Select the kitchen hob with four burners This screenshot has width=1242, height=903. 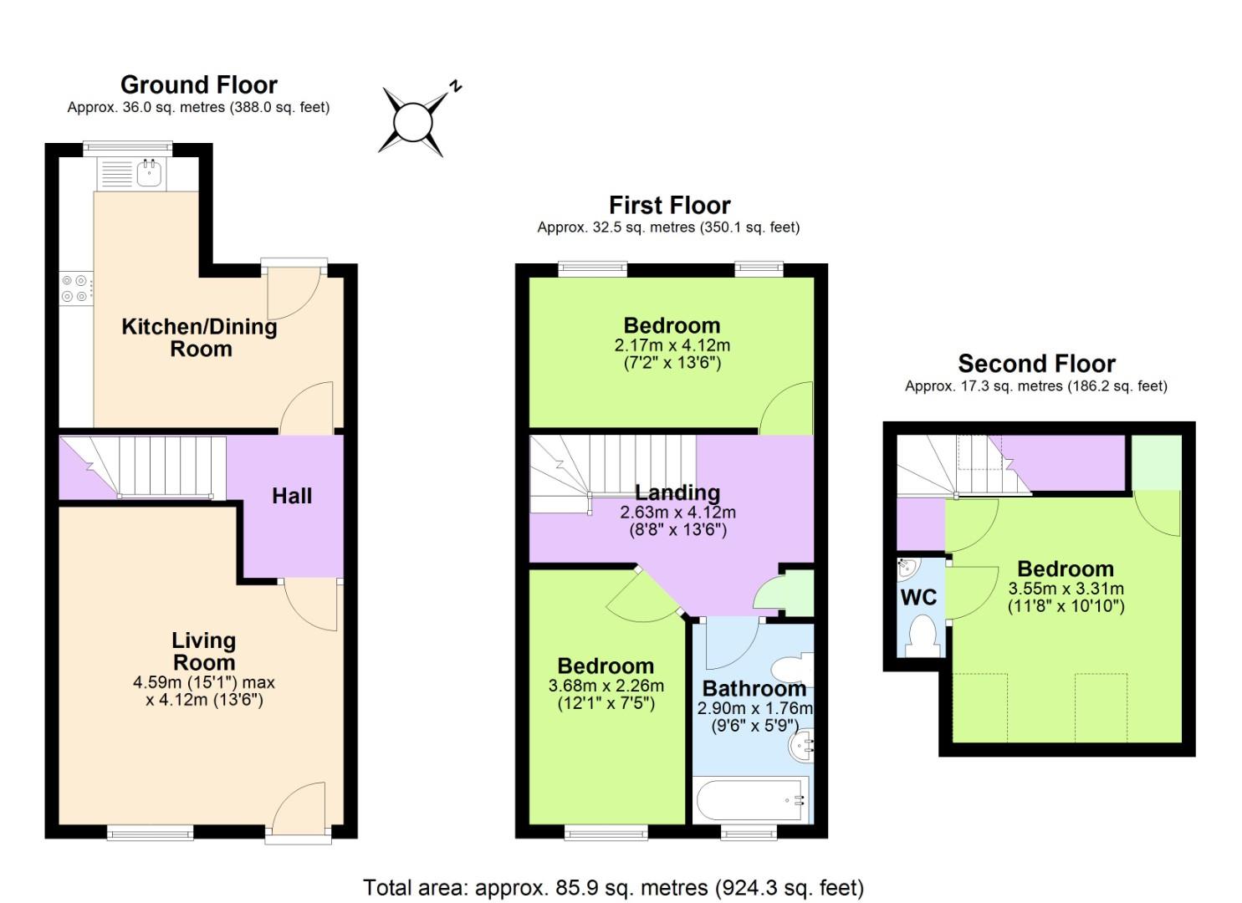pyautogui.click(x=74, y=288)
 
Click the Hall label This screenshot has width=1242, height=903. pyautogui.click(x=292, y=496)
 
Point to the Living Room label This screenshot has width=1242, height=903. pyautogui.click(x=203, y=651)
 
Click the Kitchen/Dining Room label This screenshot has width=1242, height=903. pyautogui.click(x=200, y=338)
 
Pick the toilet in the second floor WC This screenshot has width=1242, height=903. pyautogui.click(x=923, y=635)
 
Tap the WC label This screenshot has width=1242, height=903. pyautogui.click(x=918, y=598)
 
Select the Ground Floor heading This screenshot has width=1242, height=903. pyautogui.click(x=199, y=85)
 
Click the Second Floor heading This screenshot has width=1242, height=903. pyautogui.click(x=1036, y=364)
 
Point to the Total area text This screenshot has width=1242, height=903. pyautogui.click(x=613, y=887)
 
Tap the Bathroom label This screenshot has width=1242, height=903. pyautogui.click(x=754, y=689)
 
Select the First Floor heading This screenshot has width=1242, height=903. pyautogui.click(x=669, y=205)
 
